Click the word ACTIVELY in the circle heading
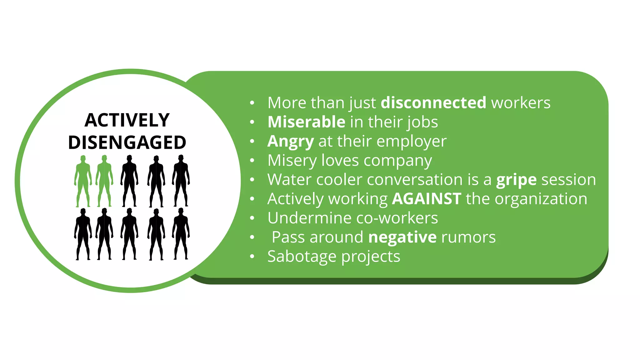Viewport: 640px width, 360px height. (x=127, y=120)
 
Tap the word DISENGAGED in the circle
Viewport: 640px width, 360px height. (x=127, y=142)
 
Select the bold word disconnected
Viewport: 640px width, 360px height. (x=433, y=103)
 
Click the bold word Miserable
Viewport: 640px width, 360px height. (x=306, y=122)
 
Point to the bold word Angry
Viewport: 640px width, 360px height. (x=291, y=141)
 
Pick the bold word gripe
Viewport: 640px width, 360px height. (x=516, y=180)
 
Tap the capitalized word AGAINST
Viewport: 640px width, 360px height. (x=427, y=199)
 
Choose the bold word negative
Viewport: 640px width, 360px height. (x=402, y=237)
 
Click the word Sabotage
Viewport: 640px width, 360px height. (x=302, y=257)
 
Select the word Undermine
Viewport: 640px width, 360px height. (x=309, y=218)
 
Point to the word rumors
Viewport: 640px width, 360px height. (x=468, y=237)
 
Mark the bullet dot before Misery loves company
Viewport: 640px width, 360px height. (x=252, y=161)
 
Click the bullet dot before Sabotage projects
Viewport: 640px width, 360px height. (x=252, y=257)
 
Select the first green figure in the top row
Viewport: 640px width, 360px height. (x=83, y=181)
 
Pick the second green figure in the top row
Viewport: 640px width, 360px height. (x=104, y=181)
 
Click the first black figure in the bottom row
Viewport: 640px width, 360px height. (x=83, y=234)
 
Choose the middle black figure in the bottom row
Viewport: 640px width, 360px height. (x=129, y=234)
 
